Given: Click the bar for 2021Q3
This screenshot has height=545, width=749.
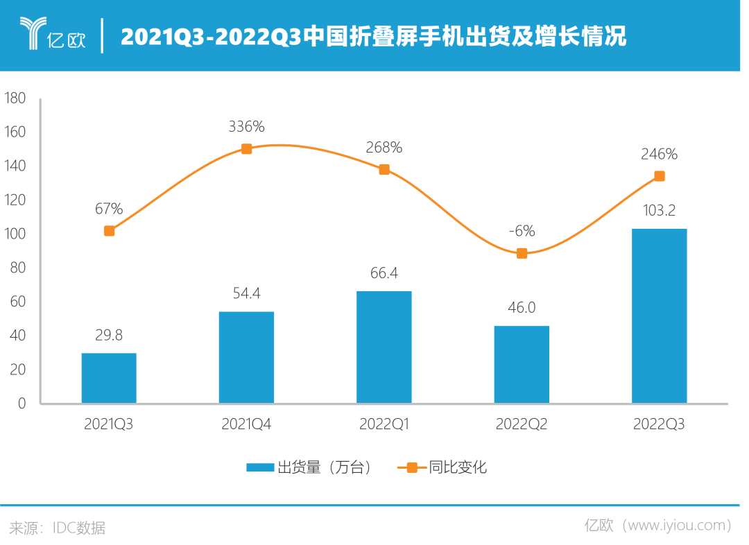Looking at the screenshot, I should coord(109,378).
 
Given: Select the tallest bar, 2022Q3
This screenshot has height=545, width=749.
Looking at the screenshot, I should coord(659,316).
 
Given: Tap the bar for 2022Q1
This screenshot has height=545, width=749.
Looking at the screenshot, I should coord(384,347).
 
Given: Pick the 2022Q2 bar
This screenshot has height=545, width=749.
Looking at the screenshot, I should coord(522,365).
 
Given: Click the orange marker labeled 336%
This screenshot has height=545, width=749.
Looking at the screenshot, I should coord(246,148).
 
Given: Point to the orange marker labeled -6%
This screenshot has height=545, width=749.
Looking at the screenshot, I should coord(522,253).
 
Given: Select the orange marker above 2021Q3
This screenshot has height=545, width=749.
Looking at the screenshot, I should coord(109,230).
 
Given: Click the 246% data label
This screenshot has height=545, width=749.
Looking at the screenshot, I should coord(660,154).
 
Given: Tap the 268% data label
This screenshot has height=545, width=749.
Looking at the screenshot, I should coord(384,147).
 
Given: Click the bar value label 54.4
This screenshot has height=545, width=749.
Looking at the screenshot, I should coord(246,294).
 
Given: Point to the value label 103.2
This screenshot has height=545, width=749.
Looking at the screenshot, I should coord(660,209).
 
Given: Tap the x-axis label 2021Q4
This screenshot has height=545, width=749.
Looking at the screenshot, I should coord(246,424).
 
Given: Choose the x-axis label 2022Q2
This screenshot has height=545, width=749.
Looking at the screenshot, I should coord(522,424).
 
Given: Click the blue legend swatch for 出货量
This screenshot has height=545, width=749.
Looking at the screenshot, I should coord(260,467).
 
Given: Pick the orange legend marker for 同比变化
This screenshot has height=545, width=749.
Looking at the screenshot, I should coord(412,467).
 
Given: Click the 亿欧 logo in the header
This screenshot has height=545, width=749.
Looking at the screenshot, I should coord(52,35).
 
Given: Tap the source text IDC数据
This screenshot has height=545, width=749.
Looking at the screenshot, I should coord(79,528).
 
